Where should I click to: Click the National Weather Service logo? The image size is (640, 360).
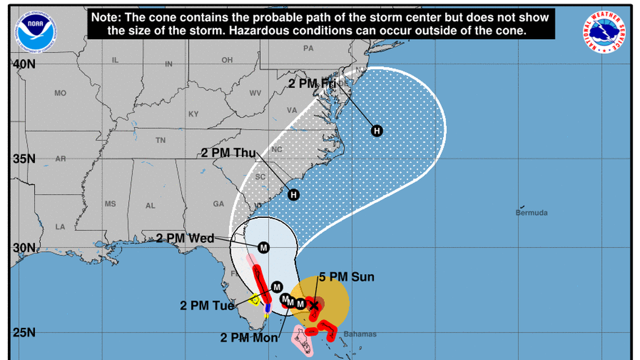(605, 31)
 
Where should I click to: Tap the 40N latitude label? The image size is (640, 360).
(24, 65)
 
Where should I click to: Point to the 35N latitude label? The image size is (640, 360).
(24, 158)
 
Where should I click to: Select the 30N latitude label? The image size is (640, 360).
(24, 248)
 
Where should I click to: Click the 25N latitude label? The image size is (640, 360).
(24, 332)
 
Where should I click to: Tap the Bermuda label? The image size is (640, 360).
(531, 213)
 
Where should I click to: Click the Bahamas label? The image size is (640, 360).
(360, 335)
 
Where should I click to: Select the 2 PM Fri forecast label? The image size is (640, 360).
(312, 84)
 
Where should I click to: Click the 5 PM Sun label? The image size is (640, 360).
(346, 277)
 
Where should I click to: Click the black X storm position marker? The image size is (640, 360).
(314, 306)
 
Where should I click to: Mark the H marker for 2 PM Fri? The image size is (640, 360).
(377, 131)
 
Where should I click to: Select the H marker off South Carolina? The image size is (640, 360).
(293, 195)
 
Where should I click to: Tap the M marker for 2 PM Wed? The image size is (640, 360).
(264, 247)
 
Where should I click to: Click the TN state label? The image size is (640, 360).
(161, 140)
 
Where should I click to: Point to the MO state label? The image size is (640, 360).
(61, 93)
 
